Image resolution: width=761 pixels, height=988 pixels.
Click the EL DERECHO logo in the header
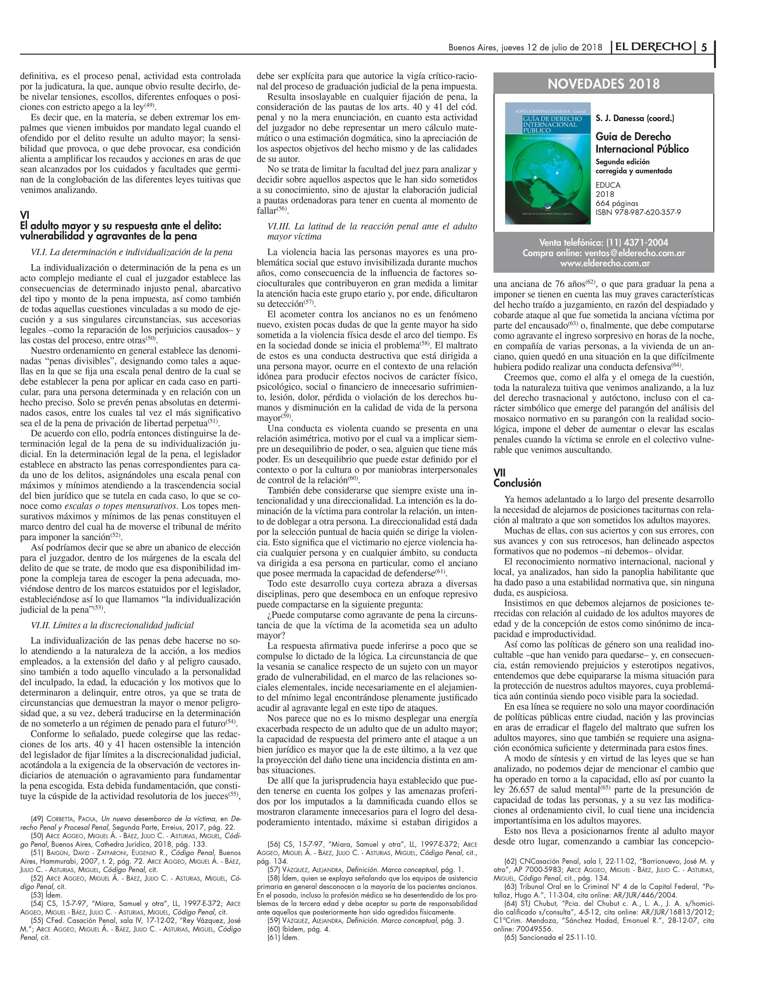[x=652, y=47]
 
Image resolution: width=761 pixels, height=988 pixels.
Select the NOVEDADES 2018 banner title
[x=603, y=84]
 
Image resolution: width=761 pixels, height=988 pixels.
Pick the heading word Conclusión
[x=517, y=483]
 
